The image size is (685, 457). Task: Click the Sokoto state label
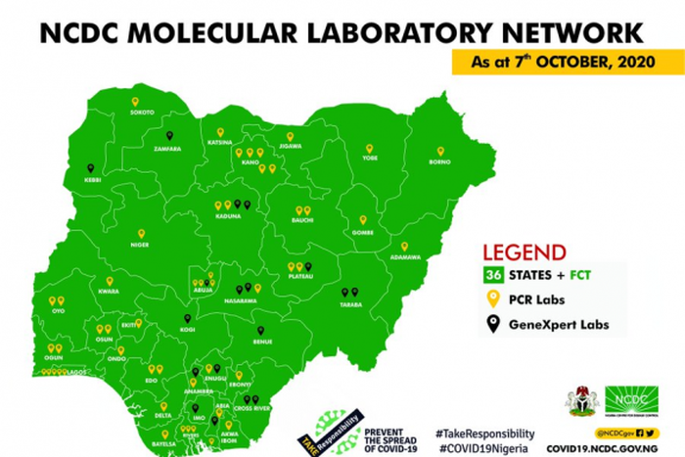[x=142, y=114]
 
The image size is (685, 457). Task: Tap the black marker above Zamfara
[x=170, y=137]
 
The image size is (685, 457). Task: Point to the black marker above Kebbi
[x=91, y=168]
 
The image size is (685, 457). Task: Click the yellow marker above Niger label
[x=141, y=234]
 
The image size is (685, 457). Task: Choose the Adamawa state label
[x=405, y=258]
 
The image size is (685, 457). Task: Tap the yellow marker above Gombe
[x=363, y=221]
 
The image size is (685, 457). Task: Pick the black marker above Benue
[x=260, y=331]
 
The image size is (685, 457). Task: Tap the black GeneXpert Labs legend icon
[x=495, y=323]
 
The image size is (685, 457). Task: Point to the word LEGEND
[x=526, y=250]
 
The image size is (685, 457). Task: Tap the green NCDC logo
[x=630, y=399]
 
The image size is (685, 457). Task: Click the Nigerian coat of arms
[x=579, y=399]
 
